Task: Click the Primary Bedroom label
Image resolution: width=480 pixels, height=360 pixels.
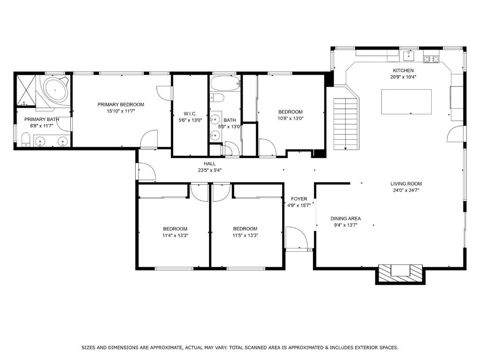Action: (120, 104)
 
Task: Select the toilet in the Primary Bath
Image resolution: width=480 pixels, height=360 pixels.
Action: (26, 139)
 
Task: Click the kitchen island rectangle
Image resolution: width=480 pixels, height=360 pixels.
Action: (406, 102)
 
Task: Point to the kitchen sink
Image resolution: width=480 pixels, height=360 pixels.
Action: (409, 56)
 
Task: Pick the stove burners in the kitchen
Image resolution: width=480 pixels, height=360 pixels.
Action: (431, 59)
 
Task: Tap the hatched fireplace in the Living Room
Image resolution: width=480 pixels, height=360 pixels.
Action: (400, 273)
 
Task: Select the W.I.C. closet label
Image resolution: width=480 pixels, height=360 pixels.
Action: (190, 114)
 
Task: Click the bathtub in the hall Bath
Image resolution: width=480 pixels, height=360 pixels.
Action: (225, 83)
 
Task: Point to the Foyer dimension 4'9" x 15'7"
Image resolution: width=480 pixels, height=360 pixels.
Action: (299, 206)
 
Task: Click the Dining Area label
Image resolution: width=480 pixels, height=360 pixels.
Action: (346, 219)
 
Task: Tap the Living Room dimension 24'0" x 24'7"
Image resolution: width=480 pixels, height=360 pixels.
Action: (406, 190)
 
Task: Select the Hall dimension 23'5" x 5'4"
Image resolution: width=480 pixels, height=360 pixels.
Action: (210, 170)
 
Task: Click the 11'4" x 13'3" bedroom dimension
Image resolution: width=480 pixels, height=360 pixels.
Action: (175, 236)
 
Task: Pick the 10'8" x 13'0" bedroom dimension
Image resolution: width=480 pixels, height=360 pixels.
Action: (291, 119)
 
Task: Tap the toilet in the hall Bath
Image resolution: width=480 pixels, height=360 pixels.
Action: (217, 98)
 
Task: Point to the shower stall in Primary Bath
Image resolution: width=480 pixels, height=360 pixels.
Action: (26, 90)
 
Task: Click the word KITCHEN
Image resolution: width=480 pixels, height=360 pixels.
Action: (403, 70)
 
